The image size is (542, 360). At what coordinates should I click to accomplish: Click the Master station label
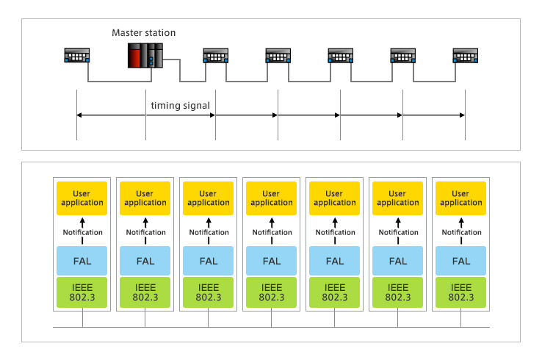pos(143,33)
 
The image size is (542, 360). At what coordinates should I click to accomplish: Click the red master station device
pos(145,55)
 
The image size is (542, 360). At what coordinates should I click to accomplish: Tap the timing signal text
pos(180,106)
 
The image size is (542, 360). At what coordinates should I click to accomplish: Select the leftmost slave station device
pos(76,55)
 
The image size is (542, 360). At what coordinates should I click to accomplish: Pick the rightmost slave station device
pos(466,55)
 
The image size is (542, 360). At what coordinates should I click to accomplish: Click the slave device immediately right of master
pos(216,55)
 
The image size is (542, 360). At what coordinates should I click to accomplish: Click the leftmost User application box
pos(82,198)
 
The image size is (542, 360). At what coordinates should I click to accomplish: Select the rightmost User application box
pos(460,198)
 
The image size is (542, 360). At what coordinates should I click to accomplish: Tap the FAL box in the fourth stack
pos(271,261)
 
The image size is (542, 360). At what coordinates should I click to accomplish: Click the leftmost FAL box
pos(82,261)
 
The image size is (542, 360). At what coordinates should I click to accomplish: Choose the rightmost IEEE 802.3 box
pos(460,292)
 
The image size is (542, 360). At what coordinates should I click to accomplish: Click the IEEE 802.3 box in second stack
pos(145,292)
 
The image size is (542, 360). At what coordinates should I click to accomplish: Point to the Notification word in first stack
pos(82,232)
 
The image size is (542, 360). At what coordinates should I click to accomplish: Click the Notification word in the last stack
pos(461,232)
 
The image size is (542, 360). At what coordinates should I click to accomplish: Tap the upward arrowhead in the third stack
pos(209,220)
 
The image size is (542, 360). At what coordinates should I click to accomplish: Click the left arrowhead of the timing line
pos(79,115)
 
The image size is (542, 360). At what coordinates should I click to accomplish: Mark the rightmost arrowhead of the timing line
pos(463,115)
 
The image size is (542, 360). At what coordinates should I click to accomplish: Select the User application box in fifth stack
pos(335,198)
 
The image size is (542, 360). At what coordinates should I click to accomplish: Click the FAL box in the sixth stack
pos(398,261)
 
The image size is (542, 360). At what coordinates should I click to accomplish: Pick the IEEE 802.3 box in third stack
pos(208,292)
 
